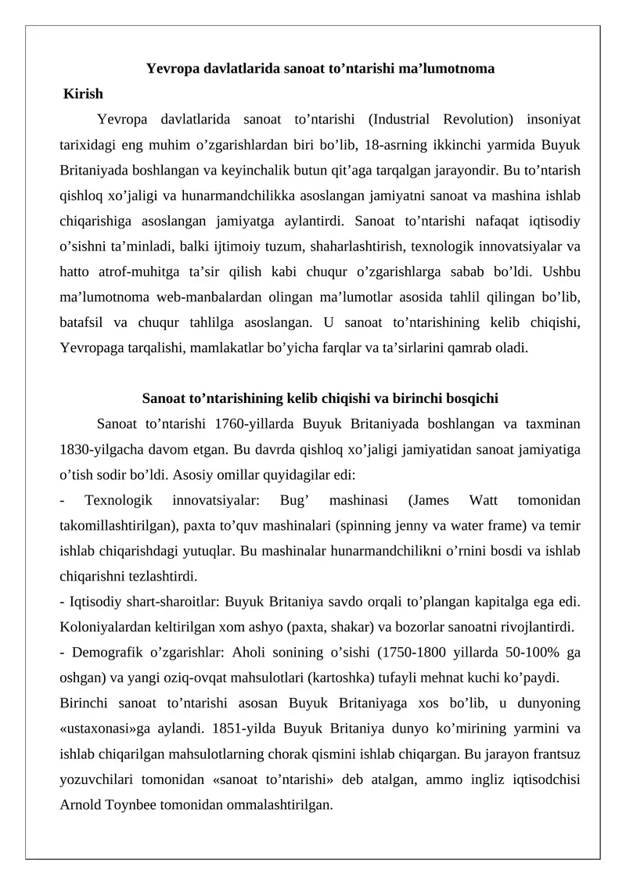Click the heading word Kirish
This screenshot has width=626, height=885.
tap(84, 94)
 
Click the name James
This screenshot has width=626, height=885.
tap(430, 499)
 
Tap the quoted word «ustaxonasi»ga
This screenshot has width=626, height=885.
tap(101, 728)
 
